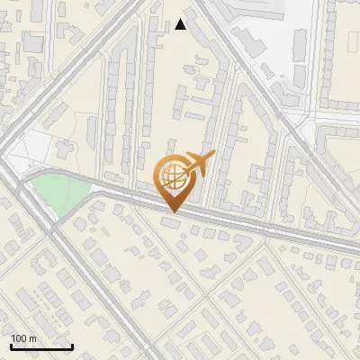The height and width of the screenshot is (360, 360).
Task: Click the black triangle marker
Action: point(181,24)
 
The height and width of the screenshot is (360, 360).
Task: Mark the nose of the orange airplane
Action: point(212,157)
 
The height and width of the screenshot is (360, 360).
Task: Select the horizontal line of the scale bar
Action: point(41,346)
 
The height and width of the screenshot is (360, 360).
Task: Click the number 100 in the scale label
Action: point(19,338)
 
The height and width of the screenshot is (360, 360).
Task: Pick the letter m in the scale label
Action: point(32,338)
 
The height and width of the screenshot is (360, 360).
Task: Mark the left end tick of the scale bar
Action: point(11,345)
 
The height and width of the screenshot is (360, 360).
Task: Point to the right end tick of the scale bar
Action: point(72,345)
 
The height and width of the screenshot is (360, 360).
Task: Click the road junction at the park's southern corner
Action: point(50,224)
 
